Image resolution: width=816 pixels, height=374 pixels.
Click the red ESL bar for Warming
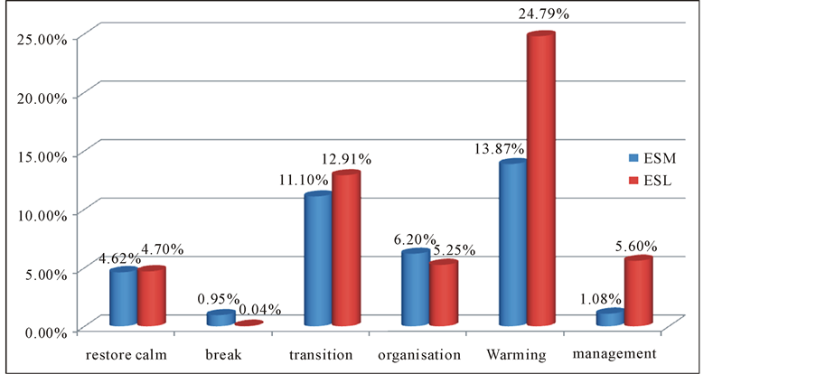tap(540, 181)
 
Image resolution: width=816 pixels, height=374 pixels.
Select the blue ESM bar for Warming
tap(513, 244)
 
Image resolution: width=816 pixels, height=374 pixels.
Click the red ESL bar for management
tap(638, 293)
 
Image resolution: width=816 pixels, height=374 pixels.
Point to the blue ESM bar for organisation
tap(415, 289)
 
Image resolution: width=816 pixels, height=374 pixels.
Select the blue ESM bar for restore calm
tap(123, 297)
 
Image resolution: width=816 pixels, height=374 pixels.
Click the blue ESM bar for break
tap(220, 318)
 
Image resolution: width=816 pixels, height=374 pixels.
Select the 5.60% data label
tap(638, 245)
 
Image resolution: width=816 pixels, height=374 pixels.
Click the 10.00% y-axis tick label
tap(42, 214)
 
